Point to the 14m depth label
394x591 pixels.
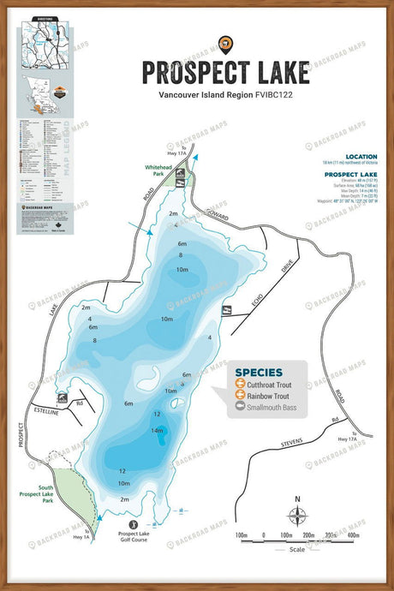[x=157, y=431]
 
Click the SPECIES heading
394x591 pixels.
[x=259, y=373]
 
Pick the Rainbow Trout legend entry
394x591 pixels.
[x=265, y=397]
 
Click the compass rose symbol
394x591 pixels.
[x=297, y=515]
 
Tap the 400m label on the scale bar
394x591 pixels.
[x=352, y=535]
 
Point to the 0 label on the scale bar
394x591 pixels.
[x=265, y=535]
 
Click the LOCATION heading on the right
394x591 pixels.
[x=361, y=157]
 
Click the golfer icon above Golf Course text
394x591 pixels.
[x=133, y=522]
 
